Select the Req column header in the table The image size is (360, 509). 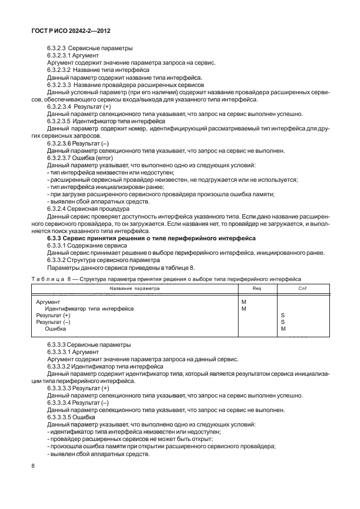pyautogui.click(x=257, y=288)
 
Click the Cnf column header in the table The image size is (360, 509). pyautogui.click(x=302, y=288)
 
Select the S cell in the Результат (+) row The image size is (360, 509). pyautogui.click(x=283, y=315)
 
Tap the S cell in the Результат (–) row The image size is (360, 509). pyautogui.click(x=283, y=322)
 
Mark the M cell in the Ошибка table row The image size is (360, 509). pyautogui.click(x=283, y=329)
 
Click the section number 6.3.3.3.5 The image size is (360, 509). pyautogui.click(x=62, y=417)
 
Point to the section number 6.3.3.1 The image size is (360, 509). pyautogui.click(x=58, y=245)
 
